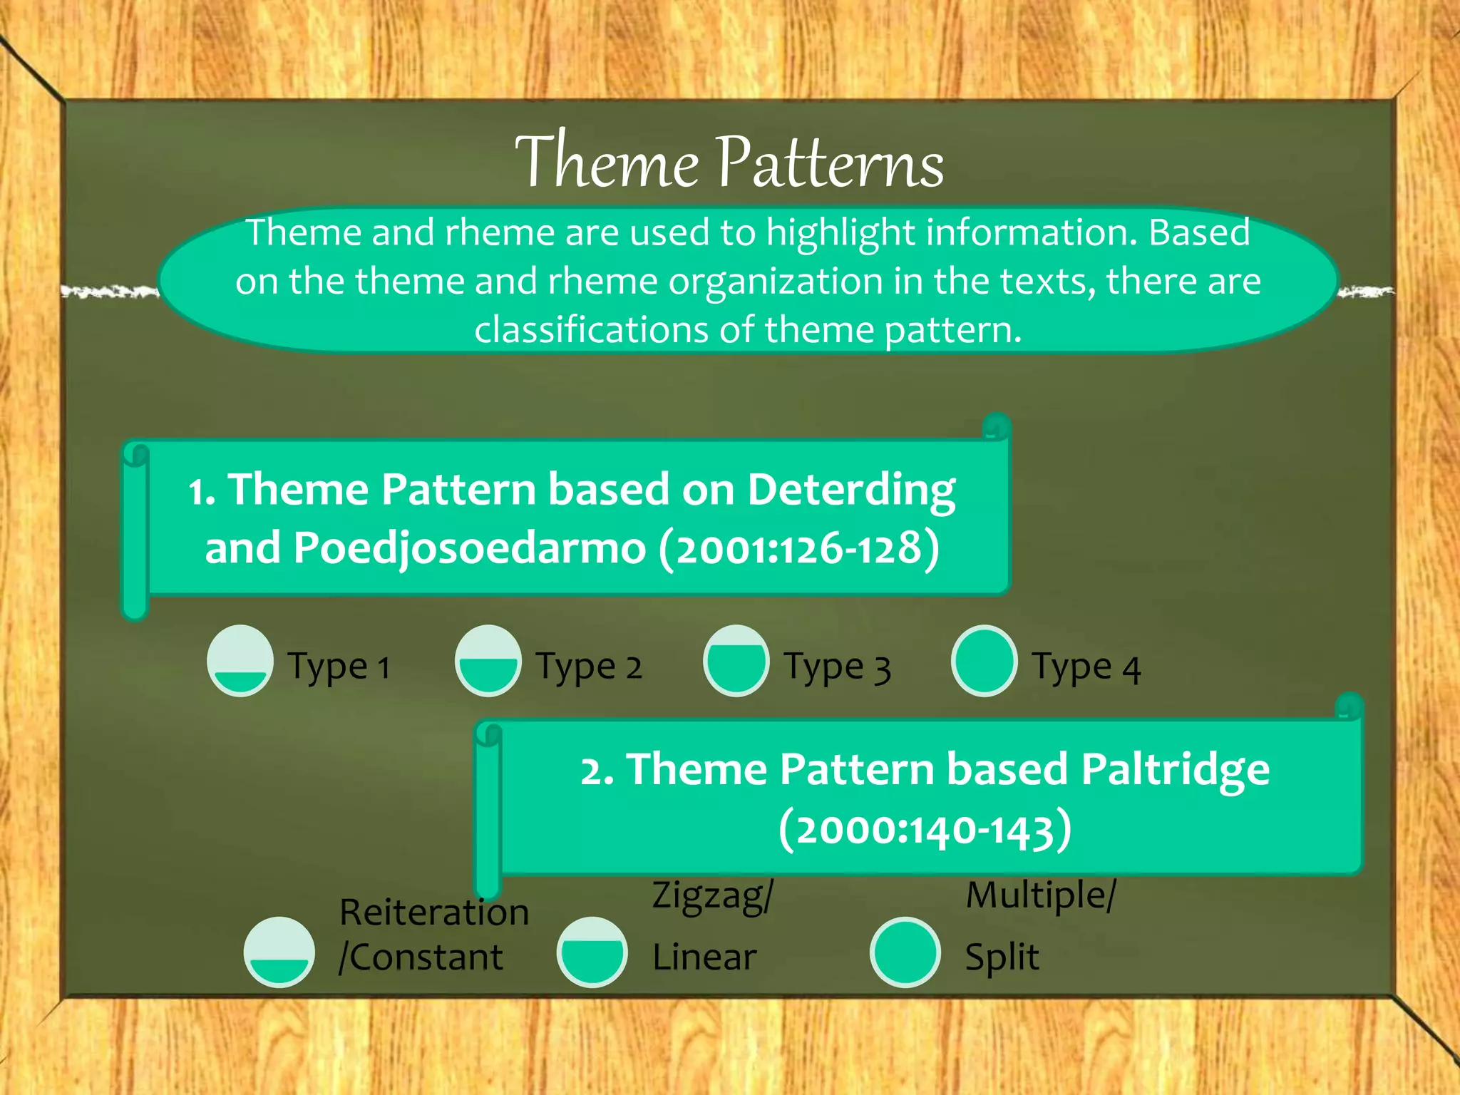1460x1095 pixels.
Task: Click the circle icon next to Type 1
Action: (x=240, y=661)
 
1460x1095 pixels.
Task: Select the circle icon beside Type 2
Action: (x=488, y=661)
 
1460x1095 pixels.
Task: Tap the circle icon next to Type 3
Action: (x=736, y=661)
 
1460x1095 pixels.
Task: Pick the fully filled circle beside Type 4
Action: (x=984, y=661)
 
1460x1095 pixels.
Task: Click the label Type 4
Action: (x=1086, y=668)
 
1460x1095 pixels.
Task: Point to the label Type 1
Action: (x=339, y=668)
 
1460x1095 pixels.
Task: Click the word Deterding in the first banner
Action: (x=851, y=491)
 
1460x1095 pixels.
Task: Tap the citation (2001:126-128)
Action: (x=798, y=548)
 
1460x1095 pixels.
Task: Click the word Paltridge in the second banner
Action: (x=1175, y=770)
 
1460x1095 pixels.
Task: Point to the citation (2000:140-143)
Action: (x=925, y=830)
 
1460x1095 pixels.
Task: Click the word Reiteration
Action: (x=433, y=912)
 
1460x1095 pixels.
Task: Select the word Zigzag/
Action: (x=712, y=895)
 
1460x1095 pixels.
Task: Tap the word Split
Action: (x=1002, y=957)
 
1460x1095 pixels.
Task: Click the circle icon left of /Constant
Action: (x=279, y=952)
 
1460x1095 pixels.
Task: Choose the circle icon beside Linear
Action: (x=592, y=952)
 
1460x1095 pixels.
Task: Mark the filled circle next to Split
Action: (x=905, y=952)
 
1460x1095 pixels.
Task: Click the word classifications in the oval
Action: (x=591, y=330)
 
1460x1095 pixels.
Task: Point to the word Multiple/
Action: (x=1040, y=895)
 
